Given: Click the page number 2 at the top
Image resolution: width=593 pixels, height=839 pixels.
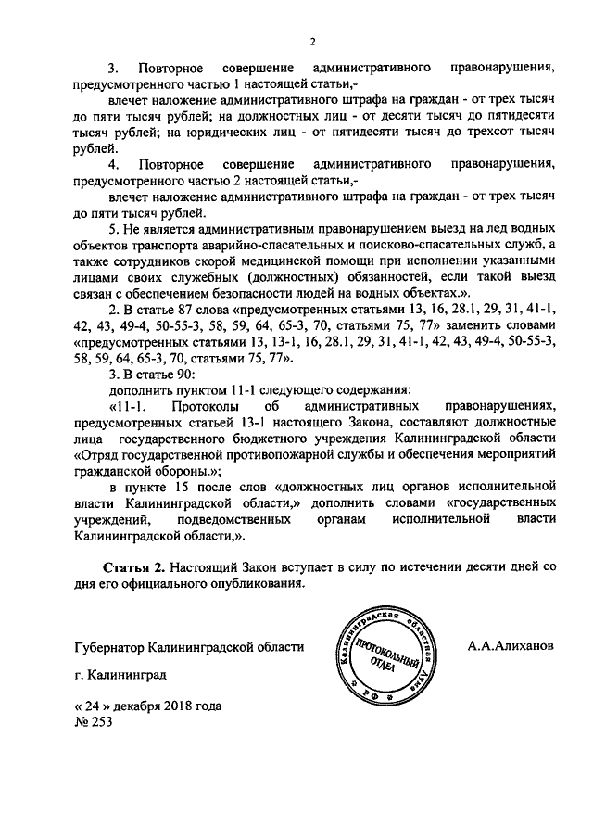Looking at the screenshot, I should [x=313, y=40].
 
